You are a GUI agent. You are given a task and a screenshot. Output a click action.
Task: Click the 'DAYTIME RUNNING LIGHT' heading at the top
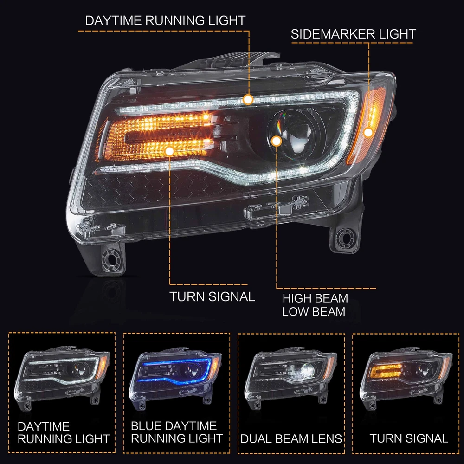[x=165, y=20]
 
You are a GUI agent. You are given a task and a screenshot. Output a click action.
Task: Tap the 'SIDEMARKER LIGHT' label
[x=353, y=34]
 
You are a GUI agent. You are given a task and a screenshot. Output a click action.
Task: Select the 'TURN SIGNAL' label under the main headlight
[x=212, y=296]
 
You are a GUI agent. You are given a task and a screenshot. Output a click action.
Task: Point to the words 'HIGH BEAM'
[x=315, y=298]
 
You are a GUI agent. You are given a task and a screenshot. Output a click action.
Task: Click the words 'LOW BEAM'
[x=314, y=312]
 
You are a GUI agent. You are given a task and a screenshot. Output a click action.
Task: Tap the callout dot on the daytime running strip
[x=248, y=99]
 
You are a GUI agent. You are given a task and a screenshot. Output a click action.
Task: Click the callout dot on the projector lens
[x=277, y=141]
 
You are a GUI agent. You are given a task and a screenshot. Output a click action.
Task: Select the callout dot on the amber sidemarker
[x=368, y=132]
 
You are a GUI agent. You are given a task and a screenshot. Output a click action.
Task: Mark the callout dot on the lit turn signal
[x=169, y=151]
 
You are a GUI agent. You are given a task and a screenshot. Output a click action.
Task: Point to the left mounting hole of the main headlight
[x=111, y=259]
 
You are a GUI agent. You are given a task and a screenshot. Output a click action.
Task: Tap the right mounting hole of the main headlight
[x=344, y=237]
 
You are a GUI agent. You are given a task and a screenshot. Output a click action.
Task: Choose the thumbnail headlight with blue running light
[x=175, y=378]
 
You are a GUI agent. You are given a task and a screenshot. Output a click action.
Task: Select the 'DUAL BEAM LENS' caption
[x=291, y=438]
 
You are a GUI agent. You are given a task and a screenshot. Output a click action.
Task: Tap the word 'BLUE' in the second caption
[x=144, y=426]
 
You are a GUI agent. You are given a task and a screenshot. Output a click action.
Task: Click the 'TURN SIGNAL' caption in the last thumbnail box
[x=409, y=438]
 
